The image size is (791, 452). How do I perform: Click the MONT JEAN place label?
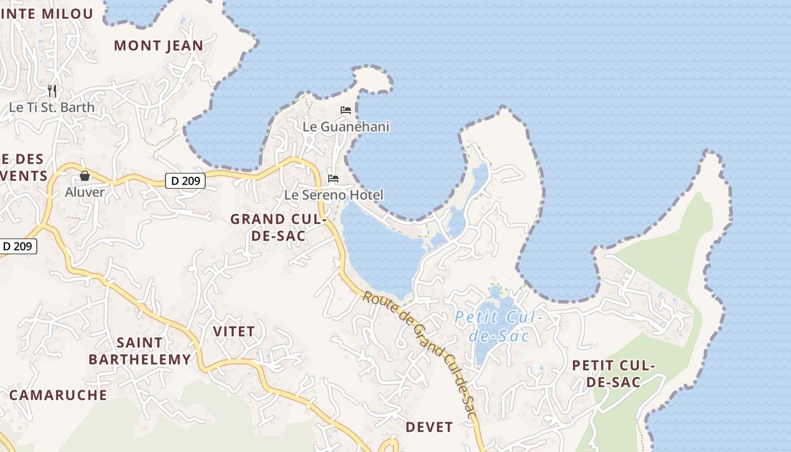click(158, 46)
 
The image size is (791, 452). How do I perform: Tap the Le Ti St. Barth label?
click(52, 107)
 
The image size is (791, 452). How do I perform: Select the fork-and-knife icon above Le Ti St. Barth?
click(52, 90)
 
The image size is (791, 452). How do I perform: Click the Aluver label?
click(85, 192)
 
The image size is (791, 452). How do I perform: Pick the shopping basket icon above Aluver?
click(85, 176)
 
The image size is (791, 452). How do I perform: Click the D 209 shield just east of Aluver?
click(185, 181)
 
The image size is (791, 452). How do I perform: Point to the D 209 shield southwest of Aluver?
click(19, 246)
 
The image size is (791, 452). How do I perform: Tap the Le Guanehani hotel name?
click(346, 127)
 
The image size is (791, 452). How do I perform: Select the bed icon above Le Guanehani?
click(346, 110)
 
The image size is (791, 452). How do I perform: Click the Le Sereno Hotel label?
click(333, 195)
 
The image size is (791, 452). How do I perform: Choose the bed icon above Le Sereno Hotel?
click(333, 179)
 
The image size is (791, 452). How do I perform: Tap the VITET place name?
click(234, 331)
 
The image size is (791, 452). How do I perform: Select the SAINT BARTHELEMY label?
click(140, 351)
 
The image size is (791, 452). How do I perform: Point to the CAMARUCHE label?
click(58, 395)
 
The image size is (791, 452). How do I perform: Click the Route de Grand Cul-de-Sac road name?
click(420, 354)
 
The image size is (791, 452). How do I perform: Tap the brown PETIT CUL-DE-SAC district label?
click(613, 373)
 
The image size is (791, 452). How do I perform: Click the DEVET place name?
click(429, 427)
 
